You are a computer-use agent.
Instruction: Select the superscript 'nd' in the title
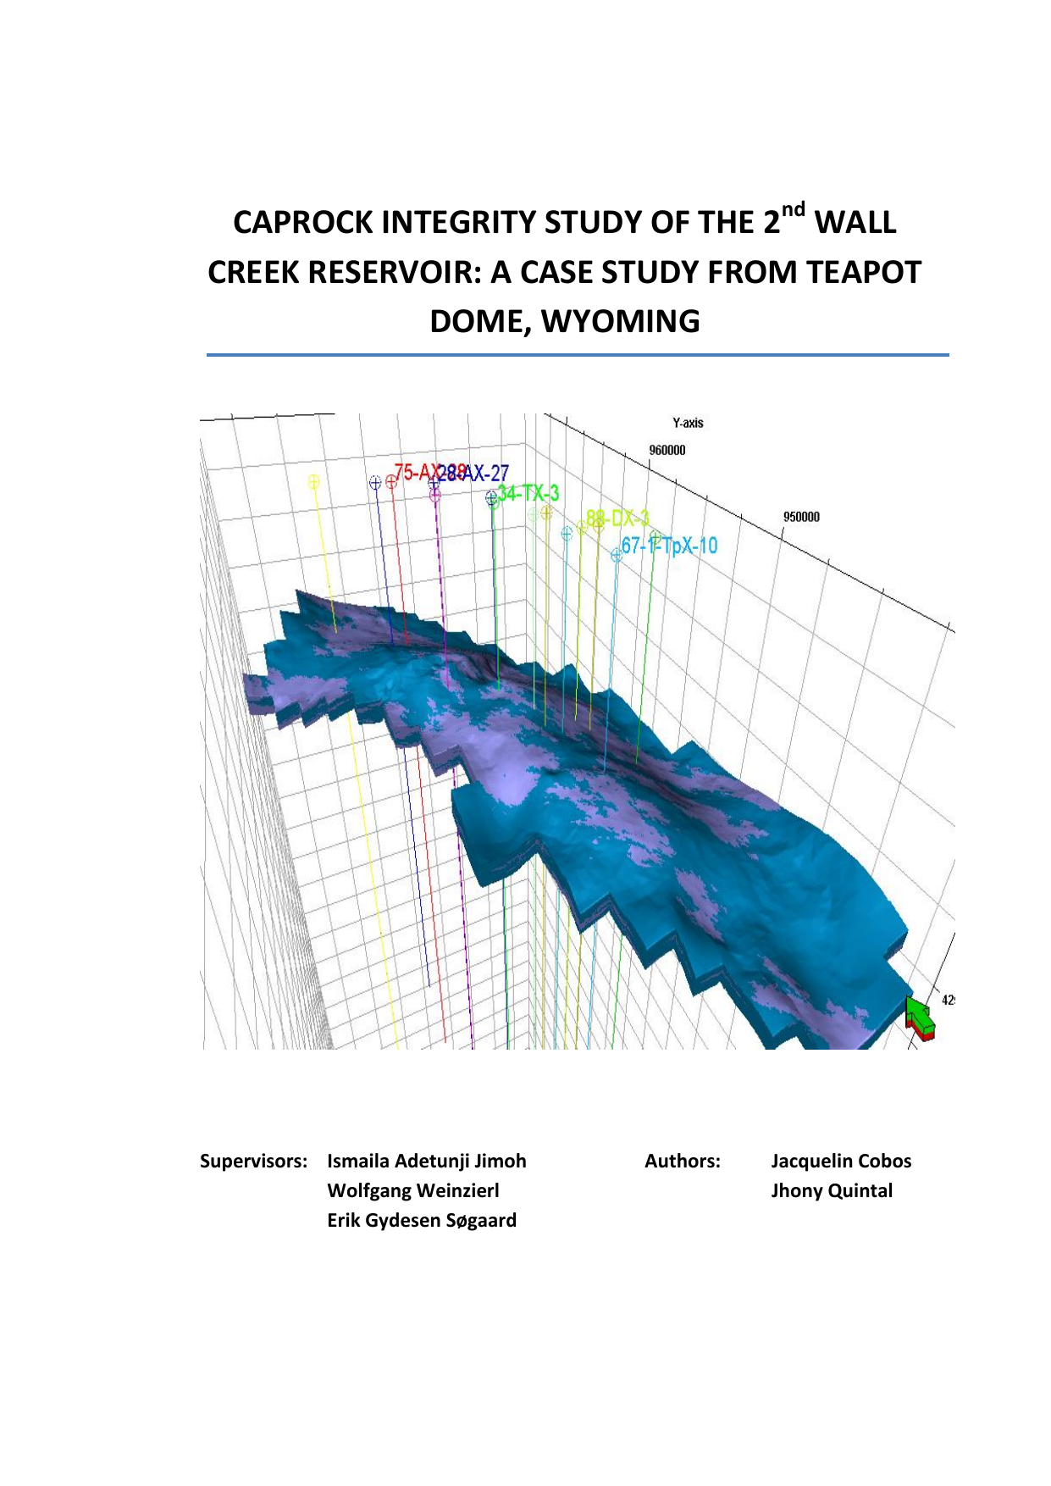(793, 208)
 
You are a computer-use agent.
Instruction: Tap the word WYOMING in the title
(621, 322)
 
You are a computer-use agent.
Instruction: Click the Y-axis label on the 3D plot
(688, 423)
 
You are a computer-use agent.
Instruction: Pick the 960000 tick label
(667, 450)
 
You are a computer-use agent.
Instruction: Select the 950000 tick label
(801, 517)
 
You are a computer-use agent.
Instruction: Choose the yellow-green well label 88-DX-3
(619, 518)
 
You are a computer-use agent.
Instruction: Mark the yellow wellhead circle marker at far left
(314, 482)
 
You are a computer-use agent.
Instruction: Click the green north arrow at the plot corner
(920, 1014)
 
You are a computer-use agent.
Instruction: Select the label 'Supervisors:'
(253, 1161)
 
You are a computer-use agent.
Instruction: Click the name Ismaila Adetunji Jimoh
(427, 1161)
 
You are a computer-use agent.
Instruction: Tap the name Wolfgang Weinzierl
(413, 1190)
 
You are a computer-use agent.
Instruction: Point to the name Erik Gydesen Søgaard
(422, 1220)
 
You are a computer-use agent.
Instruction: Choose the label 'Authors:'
(683, 1161)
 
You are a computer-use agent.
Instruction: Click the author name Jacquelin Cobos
(841, 1161)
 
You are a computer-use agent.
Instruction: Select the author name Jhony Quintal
(832, 1190)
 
